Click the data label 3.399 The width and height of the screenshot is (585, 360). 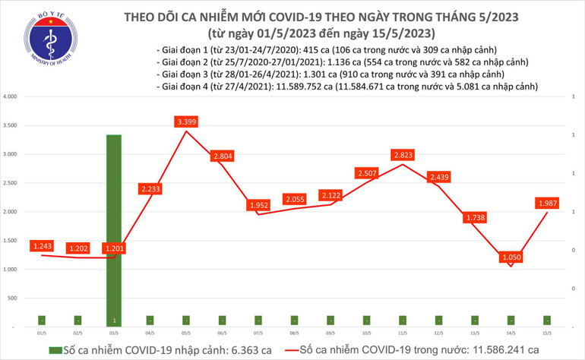tap(185, 122)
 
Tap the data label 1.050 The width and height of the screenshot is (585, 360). tap(510, 257)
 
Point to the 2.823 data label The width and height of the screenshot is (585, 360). tap(403, 156)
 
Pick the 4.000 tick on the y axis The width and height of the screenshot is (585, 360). tap(11, 97)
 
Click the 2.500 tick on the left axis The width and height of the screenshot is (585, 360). tap(11, 183)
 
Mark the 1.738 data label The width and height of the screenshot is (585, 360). tap(475, 218)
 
